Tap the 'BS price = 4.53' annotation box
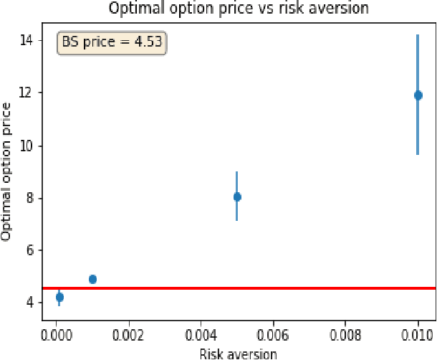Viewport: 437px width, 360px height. (x=112, y=42)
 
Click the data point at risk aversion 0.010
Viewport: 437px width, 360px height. (x=418, y=95)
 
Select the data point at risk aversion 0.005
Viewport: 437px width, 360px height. (x=237, y=196)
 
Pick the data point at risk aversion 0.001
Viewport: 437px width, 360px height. (x=92, y=279)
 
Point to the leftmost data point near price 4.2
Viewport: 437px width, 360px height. (x=59, y=297)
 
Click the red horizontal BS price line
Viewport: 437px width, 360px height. (x=244, y=288)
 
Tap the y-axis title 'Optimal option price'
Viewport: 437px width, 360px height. (x=8, y=171)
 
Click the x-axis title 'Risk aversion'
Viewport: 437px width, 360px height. (x=238, y=353)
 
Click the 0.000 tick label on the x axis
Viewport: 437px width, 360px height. (x=57, y=334)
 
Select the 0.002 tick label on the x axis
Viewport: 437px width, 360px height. (x=129, y=334)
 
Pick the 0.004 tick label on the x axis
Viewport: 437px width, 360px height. (x=201, y=334)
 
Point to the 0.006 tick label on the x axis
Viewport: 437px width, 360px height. (x=274, y=334)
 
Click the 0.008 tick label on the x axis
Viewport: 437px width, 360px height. (x=346, y=334)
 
